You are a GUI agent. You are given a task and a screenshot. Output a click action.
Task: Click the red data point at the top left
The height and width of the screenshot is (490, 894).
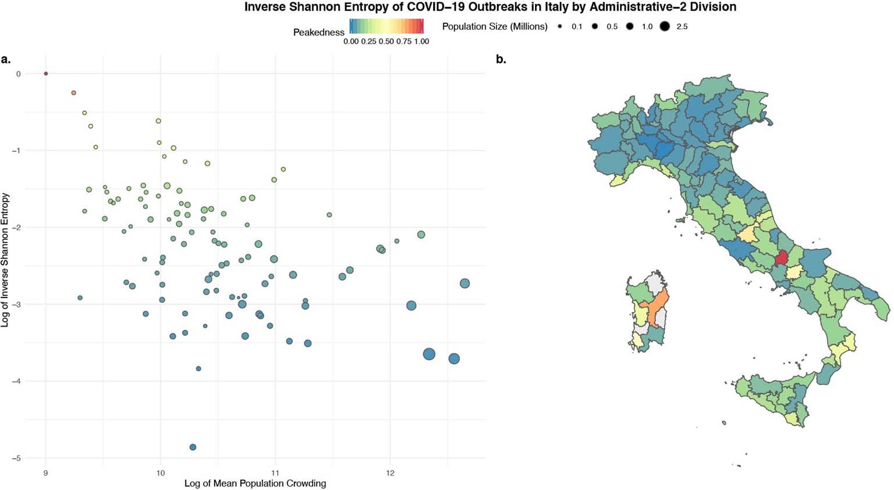point(46,74)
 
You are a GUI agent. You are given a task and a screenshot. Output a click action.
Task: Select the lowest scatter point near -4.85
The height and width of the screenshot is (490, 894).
point(193,447)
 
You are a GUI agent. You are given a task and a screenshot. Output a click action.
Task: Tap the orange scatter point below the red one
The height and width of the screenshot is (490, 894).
point(73,93)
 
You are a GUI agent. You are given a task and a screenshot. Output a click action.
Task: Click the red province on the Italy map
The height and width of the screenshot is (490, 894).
point(782,257)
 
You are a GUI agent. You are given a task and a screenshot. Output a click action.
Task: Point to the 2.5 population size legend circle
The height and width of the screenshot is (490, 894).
point(665,27)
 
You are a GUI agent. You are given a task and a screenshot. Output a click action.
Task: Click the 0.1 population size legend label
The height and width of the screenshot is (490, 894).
point(577,27)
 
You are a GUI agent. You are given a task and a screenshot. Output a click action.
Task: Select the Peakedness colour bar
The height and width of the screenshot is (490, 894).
point(386,26)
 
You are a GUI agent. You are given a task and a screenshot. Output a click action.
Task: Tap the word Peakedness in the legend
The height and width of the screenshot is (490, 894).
point(318,33)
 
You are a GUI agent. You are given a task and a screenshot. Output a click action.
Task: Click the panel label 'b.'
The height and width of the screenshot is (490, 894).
point(501,59)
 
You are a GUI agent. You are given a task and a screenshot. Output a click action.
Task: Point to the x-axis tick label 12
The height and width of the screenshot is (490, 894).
point(390,473)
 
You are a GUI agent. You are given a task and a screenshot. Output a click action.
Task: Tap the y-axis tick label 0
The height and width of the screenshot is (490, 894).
point(19,74)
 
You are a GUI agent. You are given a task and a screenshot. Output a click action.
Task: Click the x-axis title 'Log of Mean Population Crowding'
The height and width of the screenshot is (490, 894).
point(255,484)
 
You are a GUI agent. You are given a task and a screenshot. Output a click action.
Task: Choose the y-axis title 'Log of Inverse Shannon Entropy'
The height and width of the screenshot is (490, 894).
point(5,260)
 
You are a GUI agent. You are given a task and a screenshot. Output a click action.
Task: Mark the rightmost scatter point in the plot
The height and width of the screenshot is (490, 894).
point(464,284)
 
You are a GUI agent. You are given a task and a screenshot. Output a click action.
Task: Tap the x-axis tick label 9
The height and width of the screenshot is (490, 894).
point(46,473)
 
